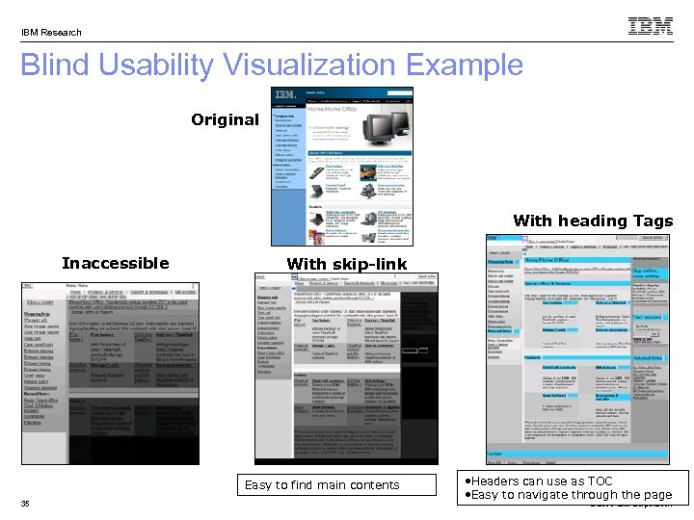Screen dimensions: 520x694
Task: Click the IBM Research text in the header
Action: [52, 32]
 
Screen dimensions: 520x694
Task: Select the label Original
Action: [225, 120]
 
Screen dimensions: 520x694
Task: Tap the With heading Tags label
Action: [593, 221]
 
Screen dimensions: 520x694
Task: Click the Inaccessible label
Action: [115, 263]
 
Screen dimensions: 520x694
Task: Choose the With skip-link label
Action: [347, 263]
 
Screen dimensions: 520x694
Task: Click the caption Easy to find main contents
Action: [321, 484]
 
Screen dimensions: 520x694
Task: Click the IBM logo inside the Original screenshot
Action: [284, 94]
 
